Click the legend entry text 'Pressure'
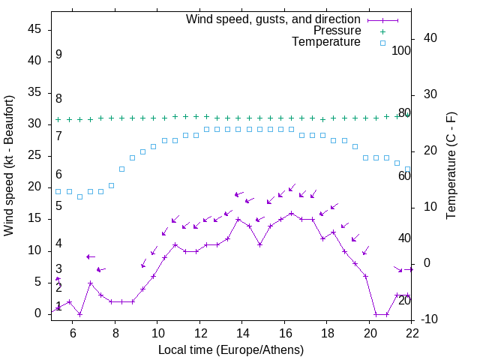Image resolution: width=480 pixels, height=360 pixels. (x=337, y=31)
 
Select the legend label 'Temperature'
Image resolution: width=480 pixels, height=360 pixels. (x=326, y=43)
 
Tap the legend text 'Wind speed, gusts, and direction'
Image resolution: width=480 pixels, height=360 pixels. (x=273, y=19)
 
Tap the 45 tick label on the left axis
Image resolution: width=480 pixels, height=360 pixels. (x=34, y=29)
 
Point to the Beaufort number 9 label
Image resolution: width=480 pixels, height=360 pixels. (x=58, y=55)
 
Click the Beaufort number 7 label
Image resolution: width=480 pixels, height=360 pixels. (x=58, y=136)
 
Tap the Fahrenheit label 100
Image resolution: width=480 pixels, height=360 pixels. (x=402, y=50)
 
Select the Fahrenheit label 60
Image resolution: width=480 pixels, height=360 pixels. (x=404, y=175)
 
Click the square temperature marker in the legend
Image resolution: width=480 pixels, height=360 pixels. (x=382, y=43)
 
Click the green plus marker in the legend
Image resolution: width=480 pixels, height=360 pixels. (x=382, y=31)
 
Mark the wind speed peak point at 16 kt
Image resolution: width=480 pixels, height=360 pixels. (x=292, y=213)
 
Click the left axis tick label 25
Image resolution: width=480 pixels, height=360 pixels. (x=34, y=155)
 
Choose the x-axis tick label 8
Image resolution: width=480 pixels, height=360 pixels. (x=115, y=332)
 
